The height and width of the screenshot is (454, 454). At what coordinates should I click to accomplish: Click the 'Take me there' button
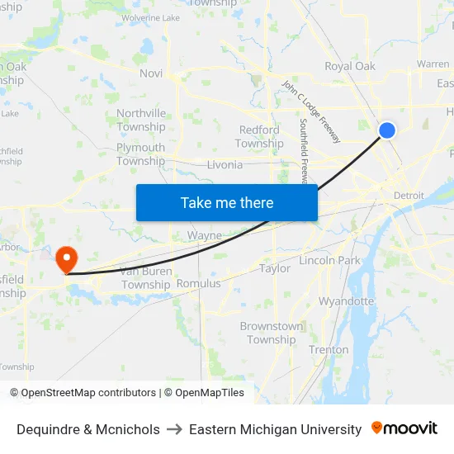tap(227, 203)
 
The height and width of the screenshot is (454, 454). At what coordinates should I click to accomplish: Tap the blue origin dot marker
tap(387, 130)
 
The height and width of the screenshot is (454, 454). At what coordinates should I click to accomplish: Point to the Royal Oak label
tap(349, 66)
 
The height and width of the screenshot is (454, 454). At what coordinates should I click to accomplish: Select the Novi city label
tap(151, 73)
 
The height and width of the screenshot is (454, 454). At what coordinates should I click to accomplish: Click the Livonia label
tap(225, 164)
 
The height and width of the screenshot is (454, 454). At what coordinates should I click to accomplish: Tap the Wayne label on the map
tap(204, 236)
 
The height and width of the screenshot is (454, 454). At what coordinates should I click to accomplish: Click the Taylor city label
tap(275, 268)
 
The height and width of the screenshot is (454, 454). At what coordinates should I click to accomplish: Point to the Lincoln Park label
tap(329, 261)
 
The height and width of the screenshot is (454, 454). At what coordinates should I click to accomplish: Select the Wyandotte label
tap(347, 300)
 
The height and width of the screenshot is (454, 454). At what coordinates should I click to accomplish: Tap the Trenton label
tap(329, 350)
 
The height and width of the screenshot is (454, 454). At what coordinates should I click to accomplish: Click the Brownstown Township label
tap(272, 333)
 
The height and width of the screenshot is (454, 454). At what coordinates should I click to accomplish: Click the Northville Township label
tap(141, 120)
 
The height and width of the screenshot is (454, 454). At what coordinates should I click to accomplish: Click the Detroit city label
tap(409, 196)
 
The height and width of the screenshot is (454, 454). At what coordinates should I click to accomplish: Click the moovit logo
tap(404, 428)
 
